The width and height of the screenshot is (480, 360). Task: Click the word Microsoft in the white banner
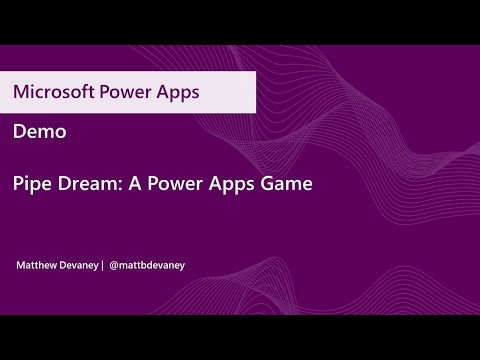51,91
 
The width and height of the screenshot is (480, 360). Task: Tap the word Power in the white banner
126,91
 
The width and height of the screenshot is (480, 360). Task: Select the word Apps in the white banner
179,91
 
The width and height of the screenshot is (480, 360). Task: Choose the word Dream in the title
87,184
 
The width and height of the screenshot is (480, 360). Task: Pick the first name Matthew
37,265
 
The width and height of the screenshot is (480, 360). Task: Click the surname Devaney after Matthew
79,265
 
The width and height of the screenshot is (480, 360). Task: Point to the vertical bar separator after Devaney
102,265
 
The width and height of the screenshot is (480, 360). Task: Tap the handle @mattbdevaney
147,265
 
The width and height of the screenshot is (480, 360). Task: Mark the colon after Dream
118,186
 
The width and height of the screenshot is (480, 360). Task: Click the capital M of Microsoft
21,91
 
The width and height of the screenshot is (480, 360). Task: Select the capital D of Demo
20,131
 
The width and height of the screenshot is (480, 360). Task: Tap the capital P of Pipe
19,184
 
